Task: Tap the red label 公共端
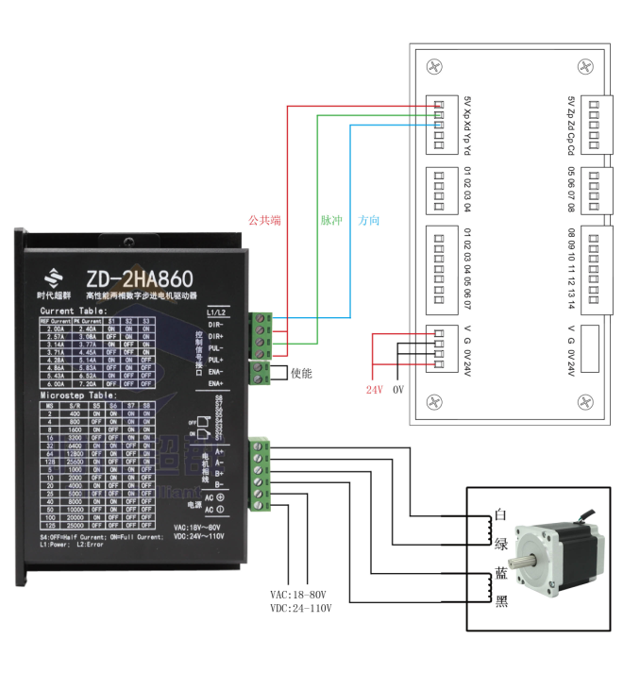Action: tap(264, 220)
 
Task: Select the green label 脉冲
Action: tap(330, 220)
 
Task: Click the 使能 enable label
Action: tap(300, 374)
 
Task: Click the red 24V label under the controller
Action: tap(376, 389)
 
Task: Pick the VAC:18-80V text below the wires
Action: tap(297, 595)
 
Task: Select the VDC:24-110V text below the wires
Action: tap(299, 608)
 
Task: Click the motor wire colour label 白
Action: tap(501, 516)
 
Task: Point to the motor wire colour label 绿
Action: tap(501, 543)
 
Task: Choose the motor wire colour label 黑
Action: tap(501, 601)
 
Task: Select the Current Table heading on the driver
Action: tap(74, 310)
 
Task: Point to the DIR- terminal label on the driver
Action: tap(215, 324)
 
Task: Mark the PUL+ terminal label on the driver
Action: tap(215, 360)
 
